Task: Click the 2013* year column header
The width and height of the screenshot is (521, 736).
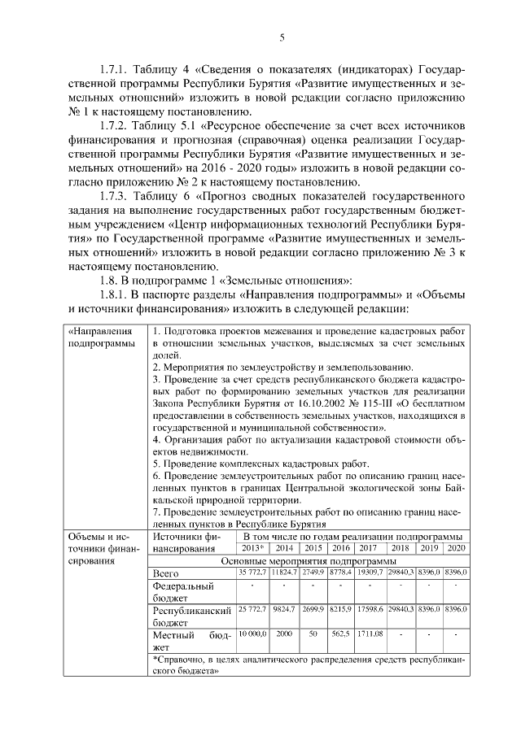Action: [252, 548]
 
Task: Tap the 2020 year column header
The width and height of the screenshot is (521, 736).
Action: [455, 548]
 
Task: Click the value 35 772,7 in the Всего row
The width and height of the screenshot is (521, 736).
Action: [252, 574]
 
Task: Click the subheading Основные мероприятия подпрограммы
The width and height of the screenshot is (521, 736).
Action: [309, 561]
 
